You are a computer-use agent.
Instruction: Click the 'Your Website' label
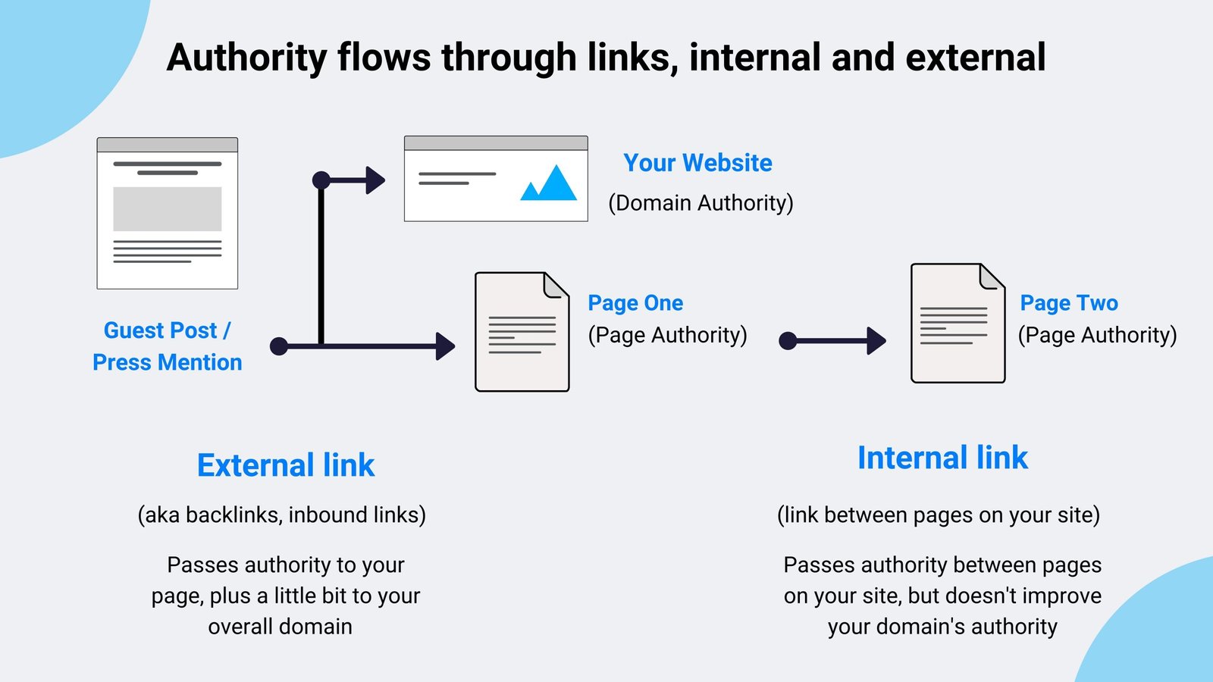coord(697,163)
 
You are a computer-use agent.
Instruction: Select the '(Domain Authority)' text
coord(701,203)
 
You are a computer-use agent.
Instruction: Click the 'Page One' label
coord(635,303)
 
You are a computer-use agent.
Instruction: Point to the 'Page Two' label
coord(1068,303)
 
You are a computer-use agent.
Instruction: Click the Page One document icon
coord(522,332)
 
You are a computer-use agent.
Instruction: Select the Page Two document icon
coord(958,324)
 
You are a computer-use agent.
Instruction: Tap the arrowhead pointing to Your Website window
coord(375,180)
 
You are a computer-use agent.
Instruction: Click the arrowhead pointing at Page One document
coord(446,346)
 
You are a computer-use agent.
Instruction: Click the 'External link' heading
coord(286,465)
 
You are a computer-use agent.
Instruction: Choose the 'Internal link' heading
coord(942,458)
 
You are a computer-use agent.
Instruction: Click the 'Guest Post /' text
coord(167,330)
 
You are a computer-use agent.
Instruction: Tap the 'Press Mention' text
coord(167,362)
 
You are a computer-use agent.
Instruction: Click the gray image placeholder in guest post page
coord(167,208)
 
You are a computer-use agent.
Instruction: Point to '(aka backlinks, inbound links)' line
coord(281,515)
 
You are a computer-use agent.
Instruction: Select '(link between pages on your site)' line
coord(938,515)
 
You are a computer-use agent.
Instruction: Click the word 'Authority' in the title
coord(246,58)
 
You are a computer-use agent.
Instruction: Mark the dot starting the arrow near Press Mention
coord(279,346)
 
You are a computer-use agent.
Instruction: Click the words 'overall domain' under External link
coord(280,627)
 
